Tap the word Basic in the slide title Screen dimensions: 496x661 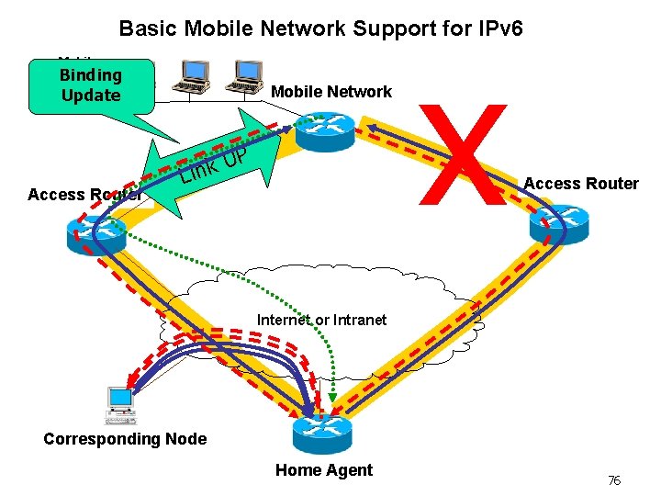[149, 28]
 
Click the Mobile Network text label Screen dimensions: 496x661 [331, 92]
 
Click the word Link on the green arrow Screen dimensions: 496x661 [198, 168]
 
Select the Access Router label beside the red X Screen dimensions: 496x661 [580, 184]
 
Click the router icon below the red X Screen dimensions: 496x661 [556, 223]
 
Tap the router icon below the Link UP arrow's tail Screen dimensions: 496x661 [95, 235]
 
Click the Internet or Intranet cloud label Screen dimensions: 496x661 [321, 320]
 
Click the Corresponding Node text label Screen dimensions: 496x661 [125, 439]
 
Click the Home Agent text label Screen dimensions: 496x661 [324, 470]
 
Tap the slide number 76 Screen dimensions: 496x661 [614, 480]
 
